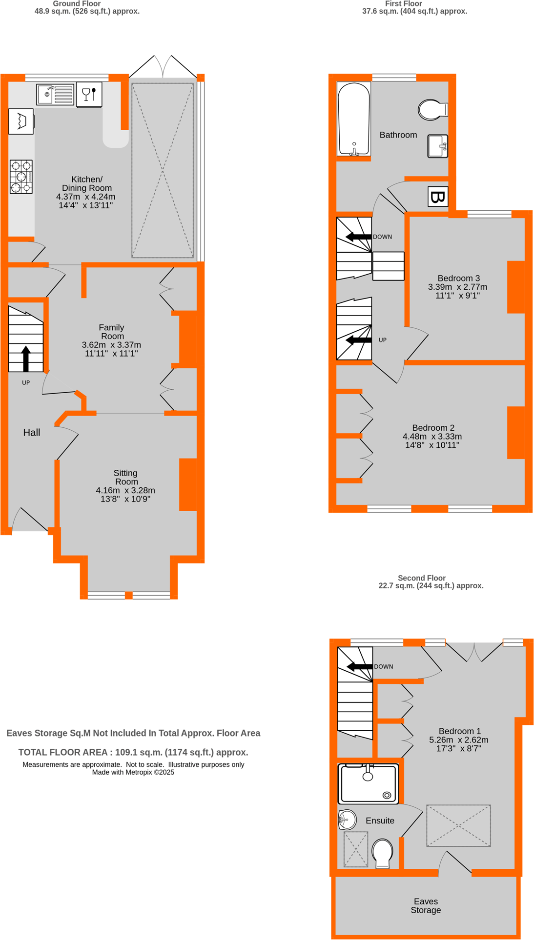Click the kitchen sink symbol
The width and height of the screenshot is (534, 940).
[55, 94]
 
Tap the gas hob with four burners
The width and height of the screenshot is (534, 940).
[21, 177]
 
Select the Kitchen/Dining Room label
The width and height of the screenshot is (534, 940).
[87, 183]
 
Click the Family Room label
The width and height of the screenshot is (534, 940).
[112, 332]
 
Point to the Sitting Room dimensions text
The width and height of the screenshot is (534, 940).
[125, 495]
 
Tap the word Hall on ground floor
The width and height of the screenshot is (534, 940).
[32, 432]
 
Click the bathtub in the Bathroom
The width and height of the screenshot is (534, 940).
[354, 119]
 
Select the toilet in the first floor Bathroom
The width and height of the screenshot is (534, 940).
[431, 110]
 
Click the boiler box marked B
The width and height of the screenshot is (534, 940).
[438, 197]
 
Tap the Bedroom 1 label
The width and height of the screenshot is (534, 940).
[459, 731]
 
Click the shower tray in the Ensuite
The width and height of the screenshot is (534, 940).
[369, 783]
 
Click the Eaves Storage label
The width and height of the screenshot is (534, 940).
[426, 906]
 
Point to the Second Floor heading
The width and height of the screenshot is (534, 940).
[421, 578]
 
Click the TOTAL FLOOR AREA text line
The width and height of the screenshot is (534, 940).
[133, 752]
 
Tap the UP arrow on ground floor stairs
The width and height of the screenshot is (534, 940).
[26, 359]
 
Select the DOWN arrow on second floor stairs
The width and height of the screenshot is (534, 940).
[359, 666]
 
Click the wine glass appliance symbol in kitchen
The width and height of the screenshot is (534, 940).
[89, 94]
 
